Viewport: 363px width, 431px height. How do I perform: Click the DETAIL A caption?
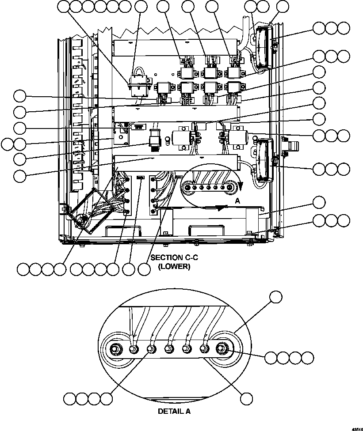[174, 411]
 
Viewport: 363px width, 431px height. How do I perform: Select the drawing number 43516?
[357, 428]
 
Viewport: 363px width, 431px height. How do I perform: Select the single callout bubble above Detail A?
[276, 297]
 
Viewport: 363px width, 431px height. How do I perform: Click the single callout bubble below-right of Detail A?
[246, 398]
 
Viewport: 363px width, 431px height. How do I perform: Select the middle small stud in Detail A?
[168, 349]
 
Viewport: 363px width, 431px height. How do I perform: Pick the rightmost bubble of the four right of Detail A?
[308, 358]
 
